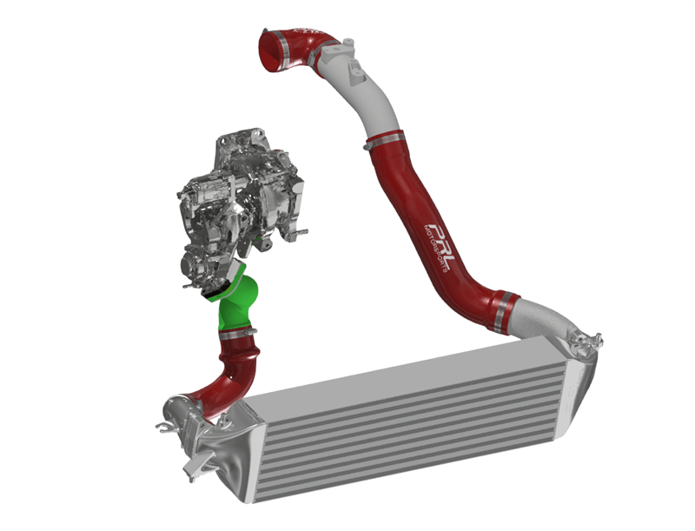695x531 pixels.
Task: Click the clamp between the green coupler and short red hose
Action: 235,332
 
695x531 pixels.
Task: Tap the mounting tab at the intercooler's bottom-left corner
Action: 189,470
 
